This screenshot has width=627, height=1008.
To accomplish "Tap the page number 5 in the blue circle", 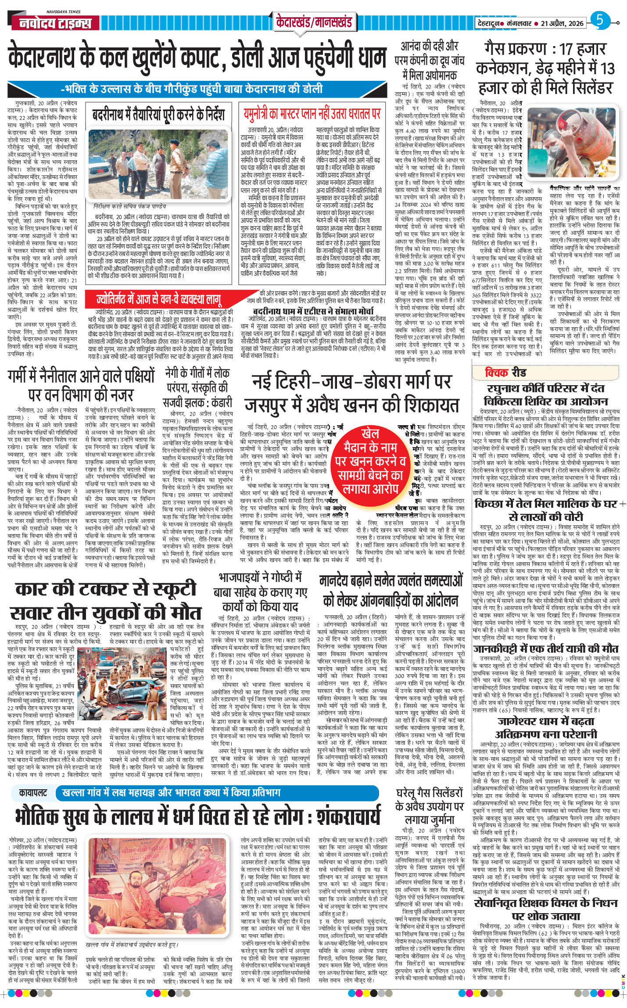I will (599, 20).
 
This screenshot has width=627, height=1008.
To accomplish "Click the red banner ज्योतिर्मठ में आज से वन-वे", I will (158, 300).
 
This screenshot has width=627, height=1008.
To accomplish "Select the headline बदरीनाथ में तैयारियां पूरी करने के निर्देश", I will (158, 115).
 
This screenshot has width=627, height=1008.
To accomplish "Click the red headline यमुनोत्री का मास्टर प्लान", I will (312, 114).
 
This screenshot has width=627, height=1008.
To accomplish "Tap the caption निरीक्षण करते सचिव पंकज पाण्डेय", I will (130, 206).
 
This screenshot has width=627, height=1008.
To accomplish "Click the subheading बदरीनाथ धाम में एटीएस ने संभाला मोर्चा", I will (313, 311).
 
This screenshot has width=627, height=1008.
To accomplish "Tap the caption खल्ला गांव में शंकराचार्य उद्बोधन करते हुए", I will (132, 944).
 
